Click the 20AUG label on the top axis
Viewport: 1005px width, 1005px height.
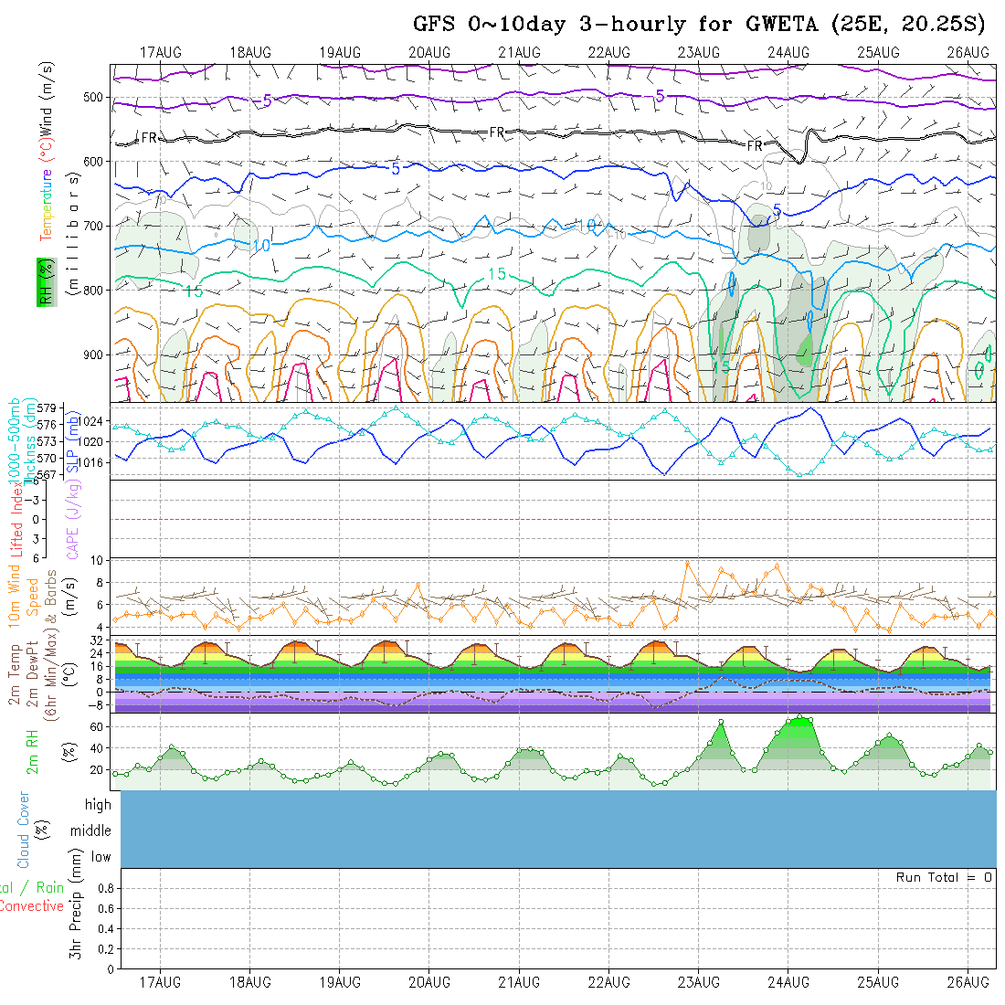coord(429,52)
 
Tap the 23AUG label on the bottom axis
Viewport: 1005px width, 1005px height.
coord(699,982)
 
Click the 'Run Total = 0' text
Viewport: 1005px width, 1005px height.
coord(944,877)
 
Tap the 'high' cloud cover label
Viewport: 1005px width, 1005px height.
coord(98,805)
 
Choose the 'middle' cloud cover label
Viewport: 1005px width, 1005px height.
coord(90,830)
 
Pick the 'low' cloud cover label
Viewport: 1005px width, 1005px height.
coord(100,857)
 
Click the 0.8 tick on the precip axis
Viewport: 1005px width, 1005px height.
coord(103,887)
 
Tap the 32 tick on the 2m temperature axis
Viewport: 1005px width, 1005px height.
coord(97,641)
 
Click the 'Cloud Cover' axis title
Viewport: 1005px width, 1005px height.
coord(23,830)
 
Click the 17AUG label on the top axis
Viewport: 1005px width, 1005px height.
coord(161,52)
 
